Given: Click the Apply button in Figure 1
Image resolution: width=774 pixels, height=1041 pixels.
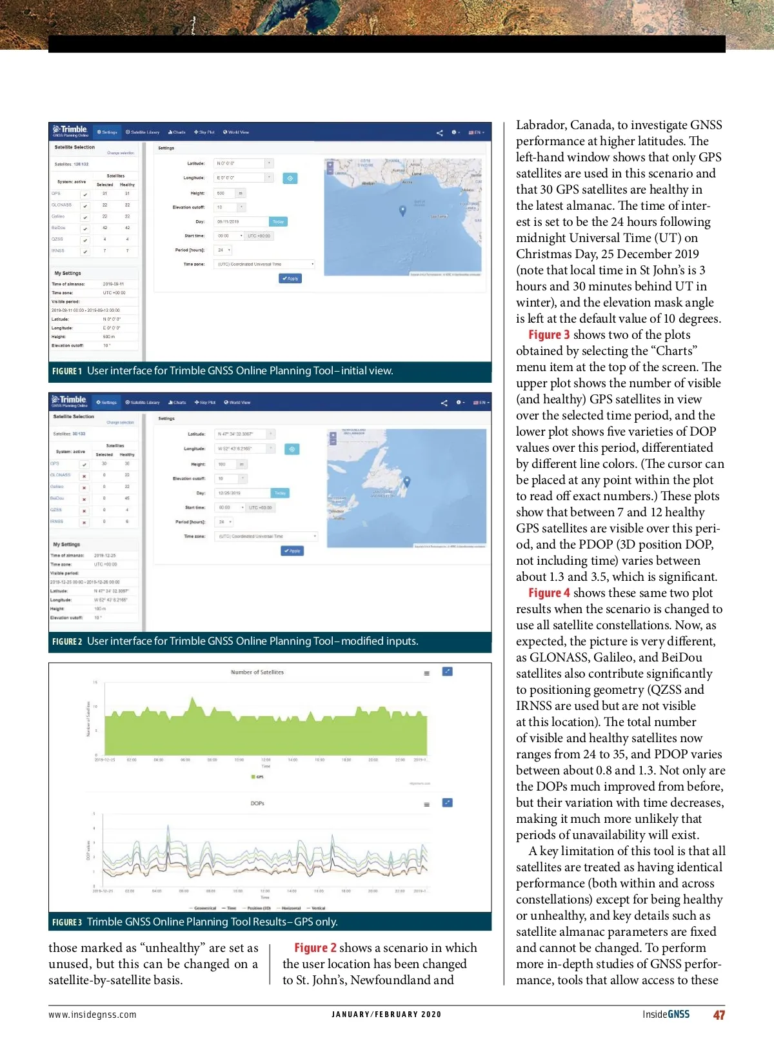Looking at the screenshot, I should point(290,278).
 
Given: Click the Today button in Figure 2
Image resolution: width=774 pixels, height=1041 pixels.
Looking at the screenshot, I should point(280,493).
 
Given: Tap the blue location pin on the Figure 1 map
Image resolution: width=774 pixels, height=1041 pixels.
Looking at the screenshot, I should point(403,210).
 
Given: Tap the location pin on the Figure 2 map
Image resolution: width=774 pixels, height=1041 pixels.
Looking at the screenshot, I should point(406,481).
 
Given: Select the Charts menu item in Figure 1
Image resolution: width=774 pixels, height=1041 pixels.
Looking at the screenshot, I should point(177,132).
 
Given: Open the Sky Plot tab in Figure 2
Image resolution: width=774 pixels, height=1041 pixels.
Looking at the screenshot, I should point(205,403).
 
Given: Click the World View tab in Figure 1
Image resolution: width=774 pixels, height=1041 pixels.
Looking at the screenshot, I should point(236,132).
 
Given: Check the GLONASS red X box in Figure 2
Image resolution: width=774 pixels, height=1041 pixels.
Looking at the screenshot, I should point(84,476).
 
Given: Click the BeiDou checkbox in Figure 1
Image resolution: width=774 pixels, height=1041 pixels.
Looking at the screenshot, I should point(84,228).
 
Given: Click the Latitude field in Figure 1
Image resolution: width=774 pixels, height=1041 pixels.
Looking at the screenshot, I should point(239,163).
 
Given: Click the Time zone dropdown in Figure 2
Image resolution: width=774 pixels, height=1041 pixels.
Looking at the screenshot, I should point(266,536).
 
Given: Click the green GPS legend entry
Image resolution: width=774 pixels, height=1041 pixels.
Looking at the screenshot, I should point(257,776).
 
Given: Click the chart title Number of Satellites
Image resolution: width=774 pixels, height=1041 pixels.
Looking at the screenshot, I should point(257,672).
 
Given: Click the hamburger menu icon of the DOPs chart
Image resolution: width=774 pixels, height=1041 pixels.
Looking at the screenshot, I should point(426,804).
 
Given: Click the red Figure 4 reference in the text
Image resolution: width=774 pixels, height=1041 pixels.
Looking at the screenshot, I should point(549,593).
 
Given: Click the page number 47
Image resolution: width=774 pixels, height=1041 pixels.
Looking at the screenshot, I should point(719,1015).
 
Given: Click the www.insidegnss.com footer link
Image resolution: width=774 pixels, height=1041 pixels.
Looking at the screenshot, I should point(92,1015).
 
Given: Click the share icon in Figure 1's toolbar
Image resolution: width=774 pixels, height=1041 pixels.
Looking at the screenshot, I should point(440,133).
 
